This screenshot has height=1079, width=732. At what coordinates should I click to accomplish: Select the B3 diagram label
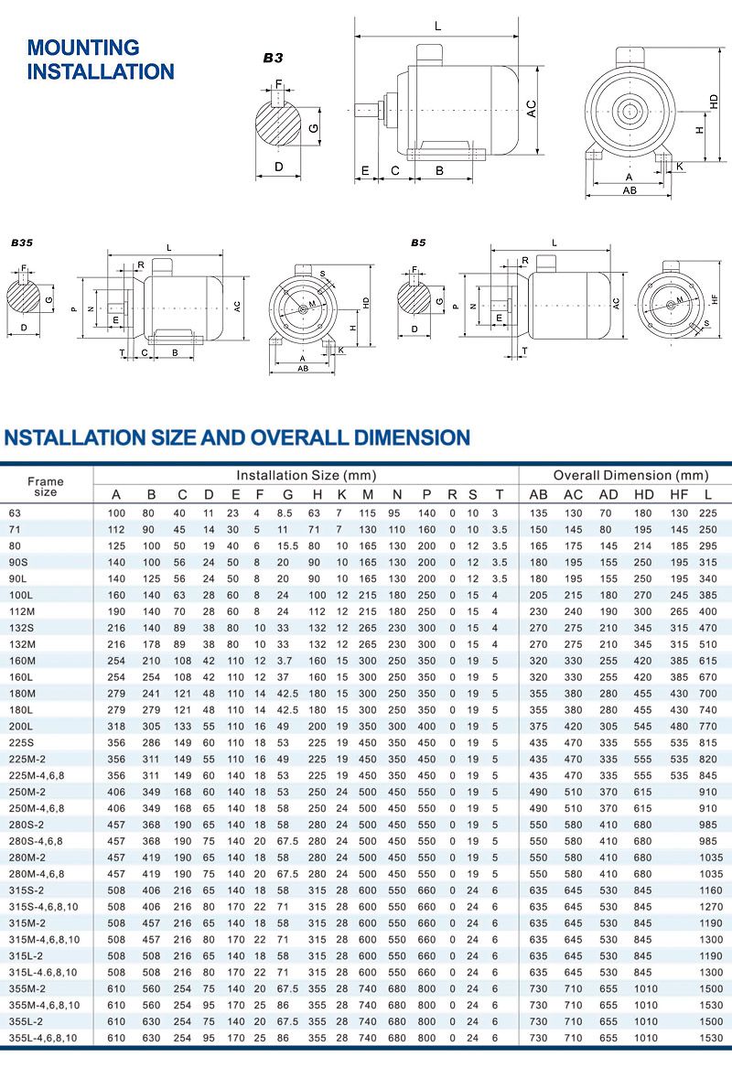[273, 58]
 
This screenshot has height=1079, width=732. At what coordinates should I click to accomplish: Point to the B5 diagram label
[417, 244]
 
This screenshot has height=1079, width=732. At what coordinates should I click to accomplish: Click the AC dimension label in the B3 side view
[531, 110]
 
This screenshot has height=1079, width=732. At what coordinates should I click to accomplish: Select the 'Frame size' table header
[46, 487]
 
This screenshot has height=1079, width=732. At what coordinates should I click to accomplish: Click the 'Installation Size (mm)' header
[307, 476]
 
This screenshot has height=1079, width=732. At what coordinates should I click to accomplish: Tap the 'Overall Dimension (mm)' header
[630, 476]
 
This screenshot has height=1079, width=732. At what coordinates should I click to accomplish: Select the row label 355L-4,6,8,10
[44, 1038]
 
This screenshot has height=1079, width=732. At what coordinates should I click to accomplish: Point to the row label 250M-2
[27, 791]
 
